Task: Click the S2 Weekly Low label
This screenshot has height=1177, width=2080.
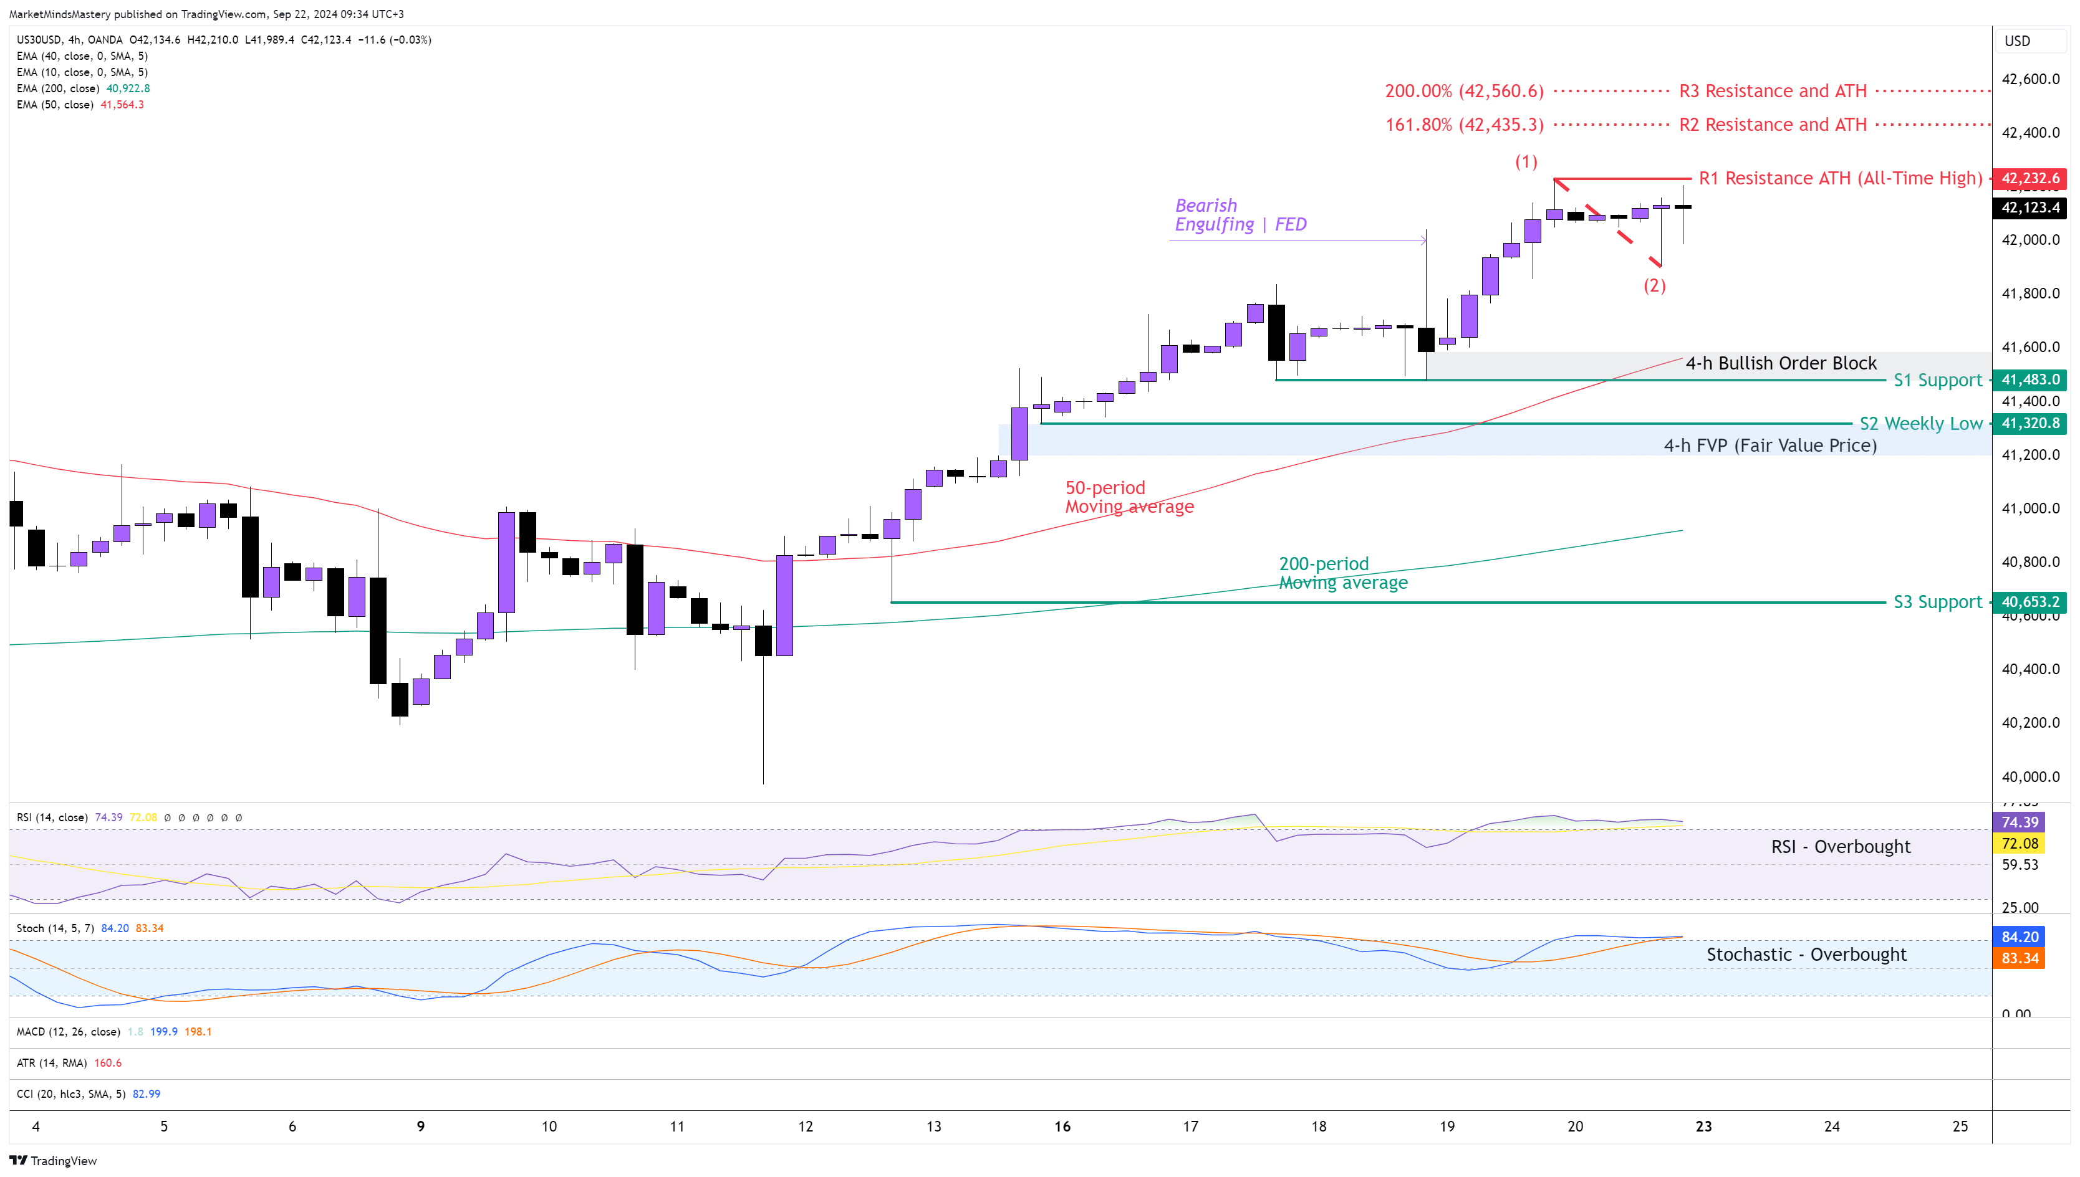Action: pyautogui.click(x=1920, y=423)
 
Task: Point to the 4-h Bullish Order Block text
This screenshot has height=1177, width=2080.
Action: pyautogui.click(x=1780, y=363)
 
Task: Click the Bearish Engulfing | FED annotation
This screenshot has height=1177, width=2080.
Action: pyautogui.click(x=1240, y=215)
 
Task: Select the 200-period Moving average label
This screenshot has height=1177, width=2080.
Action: pyautogui.click(x=1342, y=573)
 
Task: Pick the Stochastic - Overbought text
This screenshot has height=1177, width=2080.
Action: pyautogui.click(x=1806, y=954)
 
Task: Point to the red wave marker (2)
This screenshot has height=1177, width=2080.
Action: pyautogui.click(x=1654, y=285)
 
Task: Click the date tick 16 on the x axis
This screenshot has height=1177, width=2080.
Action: pyautogui.click(x=1062, y=1126)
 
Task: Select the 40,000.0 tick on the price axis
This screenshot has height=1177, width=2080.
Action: pyautogui.click(x=2030, y=777)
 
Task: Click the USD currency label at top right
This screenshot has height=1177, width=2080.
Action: pyautogui.click(x=2017, y=41)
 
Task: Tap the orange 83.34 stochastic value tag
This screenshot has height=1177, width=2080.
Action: pyautogui.click(x=2020, y=958)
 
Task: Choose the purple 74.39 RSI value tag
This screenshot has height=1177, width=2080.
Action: pyautogui.click(x=2020, y=822)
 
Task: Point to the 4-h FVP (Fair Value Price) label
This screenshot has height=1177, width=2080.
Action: pyautogui.click(x=1769, y=446)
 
